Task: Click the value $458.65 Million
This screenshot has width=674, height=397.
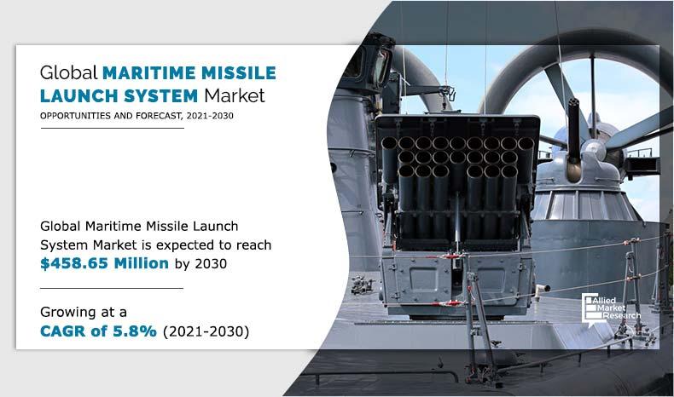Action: coord(104,263)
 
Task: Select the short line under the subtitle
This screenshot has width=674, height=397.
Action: coord(112,128)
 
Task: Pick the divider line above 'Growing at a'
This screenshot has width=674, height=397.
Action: coord(112,288)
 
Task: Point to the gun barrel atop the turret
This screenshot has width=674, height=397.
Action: coord(573,128)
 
